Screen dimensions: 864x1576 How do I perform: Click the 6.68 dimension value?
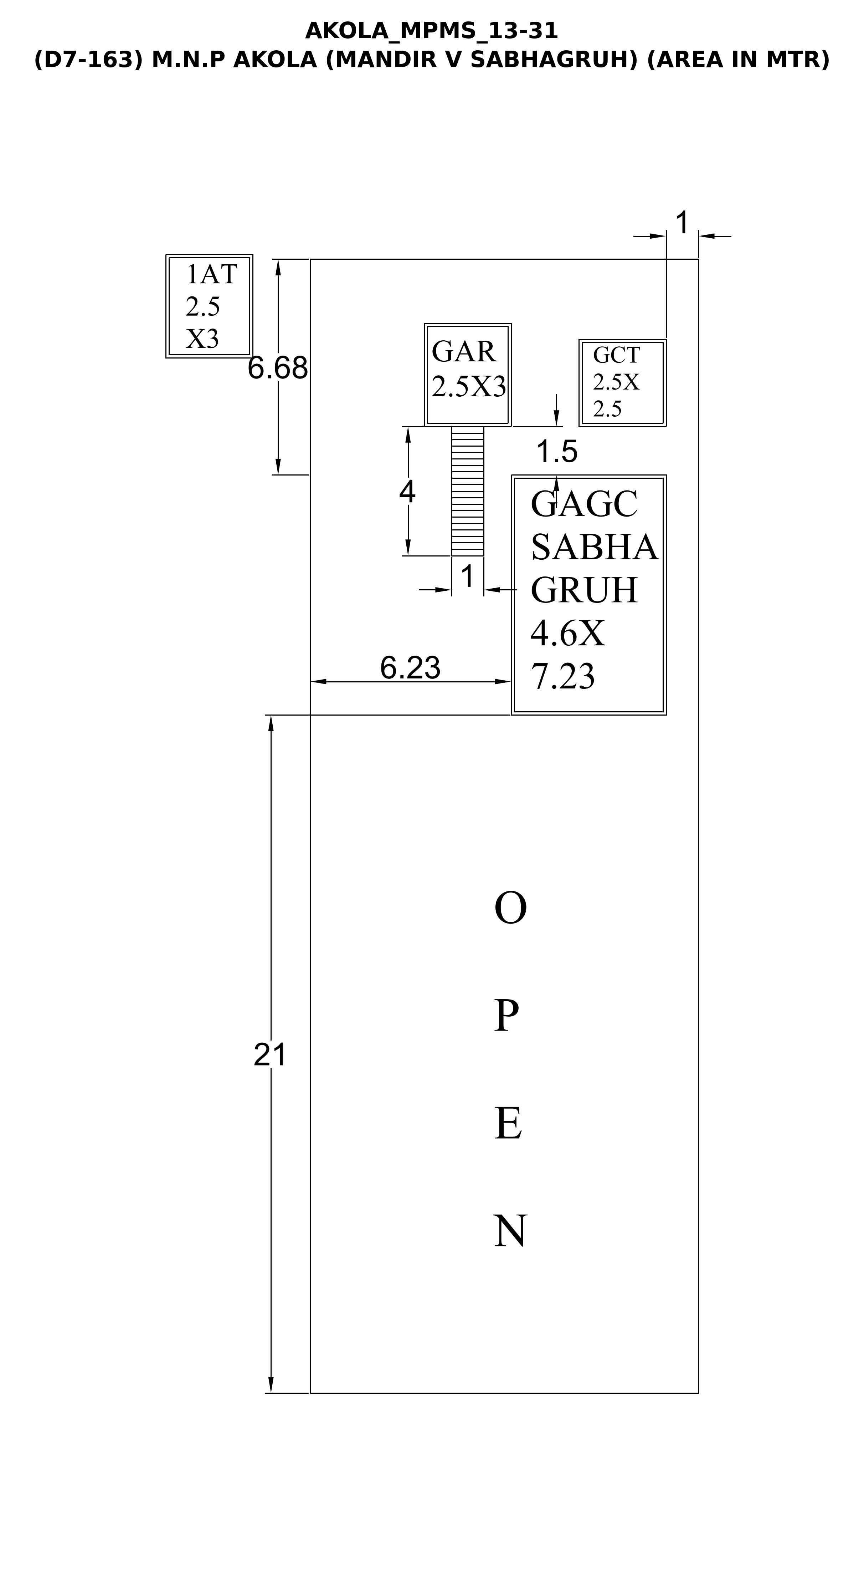tap(278, 368)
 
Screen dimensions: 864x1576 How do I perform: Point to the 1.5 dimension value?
tap(556, 452)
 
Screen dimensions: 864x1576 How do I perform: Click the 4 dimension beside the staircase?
tap(407, 491)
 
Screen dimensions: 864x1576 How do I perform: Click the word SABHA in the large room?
tap(594, 547)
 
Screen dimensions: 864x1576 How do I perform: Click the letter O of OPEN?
tap(510, 909)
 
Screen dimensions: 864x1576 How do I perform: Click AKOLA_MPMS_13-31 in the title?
tap(432, 31)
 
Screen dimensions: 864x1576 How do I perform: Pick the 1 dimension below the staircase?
tap(468, 576)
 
